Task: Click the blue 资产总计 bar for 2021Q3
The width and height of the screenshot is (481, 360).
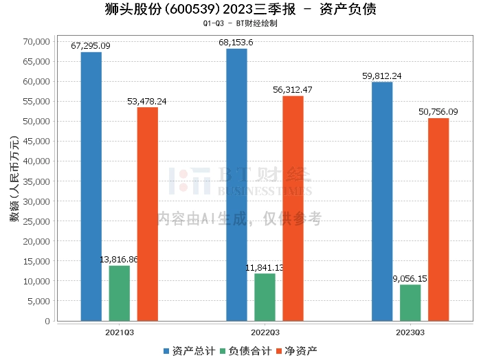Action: coord(91,186)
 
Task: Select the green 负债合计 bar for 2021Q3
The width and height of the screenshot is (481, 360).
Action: coord(119,293)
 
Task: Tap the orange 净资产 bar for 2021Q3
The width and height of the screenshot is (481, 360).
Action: coord(147,214)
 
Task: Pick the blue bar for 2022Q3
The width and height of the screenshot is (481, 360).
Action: coord(236,184)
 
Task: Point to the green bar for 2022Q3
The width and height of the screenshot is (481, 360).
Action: coord(265,297)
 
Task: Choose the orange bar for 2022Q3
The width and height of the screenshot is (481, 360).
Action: coord(293,208)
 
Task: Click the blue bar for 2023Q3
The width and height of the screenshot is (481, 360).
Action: coord(382,201)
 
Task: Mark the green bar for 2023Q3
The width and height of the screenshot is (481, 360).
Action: coord(410,302)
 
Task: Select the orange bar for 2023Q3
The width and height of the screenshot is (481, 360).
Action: coord(438,219)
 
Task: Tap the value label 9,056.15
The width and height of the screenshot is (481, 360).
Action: coord(410,279)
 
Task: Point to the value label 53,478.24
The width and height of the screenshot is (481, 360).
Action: coord(147,101)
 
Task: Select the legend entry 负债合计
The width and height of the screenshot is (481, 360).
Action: coord(244,350)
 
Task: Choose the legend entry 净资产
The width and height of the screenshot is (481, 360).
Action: coord(297,350)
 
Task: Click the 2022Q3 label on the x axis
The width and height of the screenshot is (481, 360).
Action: coord(265,332)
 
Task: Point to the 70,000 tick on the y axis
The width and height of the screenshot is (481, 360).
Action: coord(35,41)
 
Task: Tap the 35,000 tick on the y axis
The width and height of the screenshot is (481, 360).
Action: coord(35,181)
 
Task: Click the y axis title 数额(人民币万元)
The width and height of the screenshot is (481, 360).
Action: coord(13,181)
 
